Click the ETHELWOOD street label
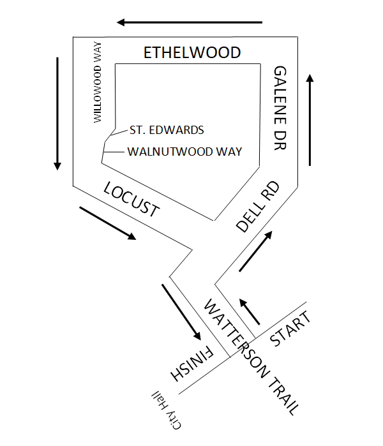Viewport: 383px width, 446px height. click(x=192, y=52)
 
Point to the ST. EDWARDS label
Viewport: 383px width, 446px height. click(x=167, y=130)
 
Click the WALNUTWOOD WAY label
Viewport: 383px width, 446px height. click(x=184, y=152)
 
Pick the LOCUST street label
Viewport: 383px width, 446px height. click(x=130, y=200)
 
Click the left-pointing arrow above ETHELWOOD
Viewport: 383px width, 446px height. click(x=189, y=22)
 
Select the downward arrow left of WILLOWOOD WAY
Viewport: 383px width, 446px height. click(x=57, y=114)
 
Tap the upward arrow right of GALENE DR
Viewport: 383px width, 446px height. click(x=310, y=120)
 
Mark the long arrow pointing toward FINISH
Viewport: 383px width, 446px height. click(x=182, y=311)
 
